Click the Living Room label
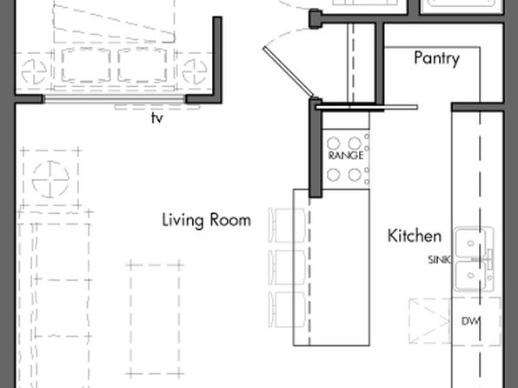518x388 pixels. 207,221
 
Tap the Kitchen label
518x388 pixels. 415,236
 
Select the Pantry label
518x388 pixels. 436,59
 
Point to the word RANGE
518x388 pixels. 346,156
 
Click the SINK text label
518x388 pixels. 439,260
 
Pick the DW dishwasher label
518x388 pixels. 470,321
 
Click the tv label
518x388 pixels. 157,118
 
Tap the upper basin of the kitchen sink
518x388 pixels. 471,244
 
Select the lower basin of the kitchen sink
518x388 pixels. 471,276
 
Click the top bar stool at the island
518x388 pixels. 287,225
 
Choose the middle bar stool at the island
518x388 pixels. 287,267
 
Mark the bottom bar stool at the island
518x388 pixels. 287,310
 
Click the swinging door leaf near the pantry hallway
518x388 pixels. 289,71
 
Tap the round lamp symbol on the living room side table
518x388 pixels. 50,179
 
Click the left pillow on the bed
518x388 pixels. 86,65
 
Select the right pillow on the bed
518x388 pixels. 142,65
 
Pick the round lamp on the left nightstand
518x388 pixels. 34,71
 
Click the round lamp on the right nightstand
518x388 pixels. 195,71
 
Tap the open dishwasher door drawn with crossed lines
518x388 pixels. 430,321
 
